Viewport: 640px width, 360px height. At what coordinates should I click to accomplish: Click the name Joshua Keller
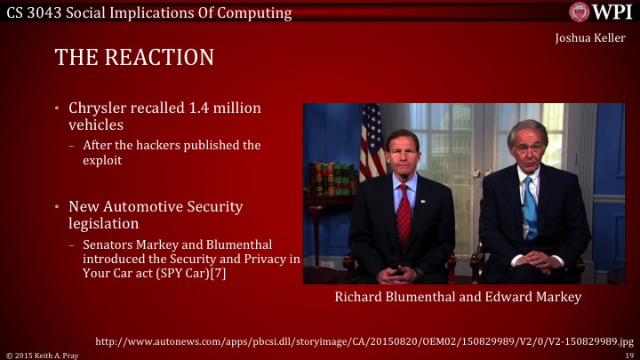[590, 39]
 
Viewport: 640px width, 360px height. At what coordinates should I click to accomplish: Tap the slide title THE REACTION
[134, 58]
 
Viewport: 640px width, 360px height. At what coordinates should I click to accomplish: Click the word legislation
[103, 223]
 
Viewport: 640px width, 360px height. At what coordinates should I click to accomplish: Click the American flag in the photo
[372, 142]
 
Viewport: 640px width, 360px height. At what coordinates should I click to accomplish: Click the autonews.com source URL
[364, 340]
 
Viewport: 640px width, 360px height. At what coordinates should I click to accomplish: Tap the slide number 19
[628, 355]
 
